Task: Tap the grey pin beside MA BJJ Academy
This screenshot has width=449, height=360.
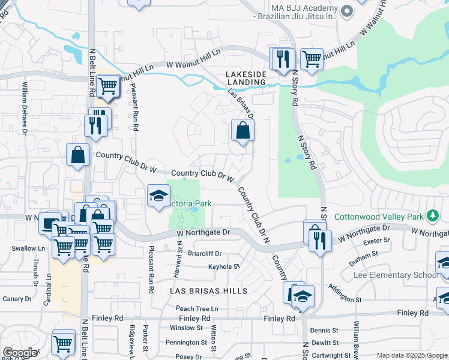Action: coord(346,10)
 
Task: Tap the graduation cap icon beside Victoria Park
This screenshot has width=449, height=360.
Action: coord(159,196)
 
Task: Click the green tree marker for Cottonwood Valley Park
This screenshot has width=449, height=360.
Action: coord(431,215)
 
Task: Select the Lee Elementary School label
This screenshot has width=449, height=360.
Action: coord(400,275)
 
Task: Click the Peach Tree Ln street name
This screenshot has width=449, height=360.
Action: coord(196,308)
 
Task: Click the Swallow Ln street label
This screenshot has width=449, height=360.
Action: coord(28,248)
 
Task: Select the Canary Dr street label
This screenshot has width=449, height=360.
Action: coord(16,298)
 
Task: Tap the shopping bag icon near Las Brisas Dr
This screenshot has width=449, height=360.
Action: coord(243,131)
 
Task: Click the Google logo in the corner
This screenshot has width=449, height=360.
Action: coord(20,353)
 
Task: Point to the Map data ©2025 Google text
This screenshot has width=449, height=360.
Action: coord(411,355)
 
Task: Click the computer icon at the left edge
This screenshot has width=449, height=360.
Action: coord(48,223)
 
